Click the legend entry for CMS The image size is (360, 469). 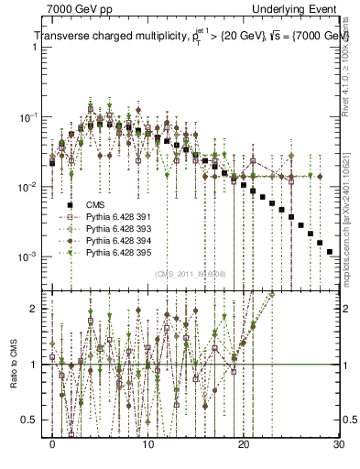[x=96, y=205]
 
